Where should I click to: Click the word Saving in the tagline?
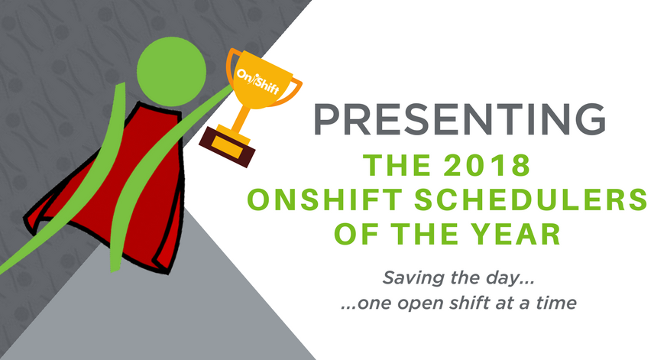pos(409,275)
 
